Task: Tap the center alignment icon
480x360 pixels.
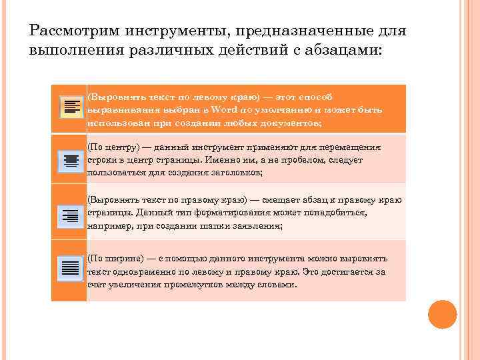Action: [70, 161]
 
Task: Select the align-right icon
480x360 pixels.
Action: [70, 215]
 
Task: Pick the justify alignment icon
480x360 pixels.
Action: [70, 269]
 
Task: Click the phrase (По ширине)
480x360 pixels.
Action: [115, 259]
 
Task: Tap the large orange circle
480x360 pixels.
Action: [442, 314]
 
